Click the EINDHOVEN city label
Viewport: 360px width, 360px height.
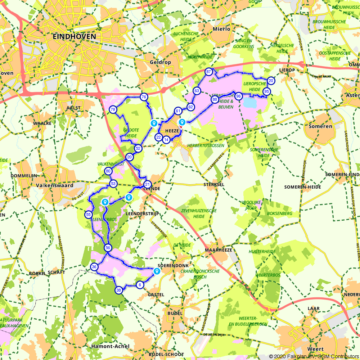pos(75,36)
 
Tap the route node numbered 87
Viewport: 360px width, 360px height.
pos(208,72)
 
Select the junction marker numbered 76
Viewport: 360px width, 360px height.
pos(144,97)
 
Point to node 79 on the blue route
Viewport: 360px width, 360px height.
pos(113,109)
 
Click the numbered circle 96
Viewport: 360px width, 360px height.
pos(238,96)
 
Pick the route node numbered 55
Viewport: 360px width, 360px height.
pos(88,215)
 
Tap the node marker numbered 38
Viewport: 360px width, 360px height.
pos(119,290)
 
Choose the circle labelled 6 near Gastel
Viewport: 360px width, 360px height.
pos(140,285)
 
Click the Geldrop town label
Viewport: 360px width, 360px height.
pos(160,62)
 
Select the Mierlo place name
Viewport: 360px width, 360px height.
pos(221,29)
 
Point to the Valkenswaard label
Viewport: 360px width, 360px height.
pos(55,186)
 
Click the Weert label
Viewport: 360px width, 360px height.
pos(315,349)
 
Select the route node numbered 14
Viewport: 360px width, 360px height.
pos(166,140)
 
